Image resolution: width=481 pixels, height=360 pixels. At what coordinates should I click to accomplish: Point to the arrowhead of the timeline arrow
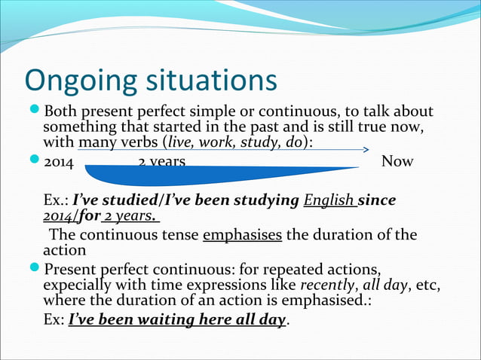click(x=365, y=150)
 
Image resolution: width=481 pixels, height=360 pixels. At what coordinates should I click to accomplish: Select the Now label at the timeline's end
click(x=397, y=162)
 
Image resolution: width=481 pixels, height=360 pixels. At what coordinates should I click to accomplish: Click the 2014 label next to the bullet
click(x=59, y=162)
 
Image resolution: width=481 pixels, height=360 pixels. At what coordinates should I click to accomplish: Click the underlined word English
click(x=329, y=201)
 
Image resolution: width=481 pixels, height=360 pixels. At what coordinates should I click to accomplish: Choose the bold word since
click(x=377, y=201)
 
